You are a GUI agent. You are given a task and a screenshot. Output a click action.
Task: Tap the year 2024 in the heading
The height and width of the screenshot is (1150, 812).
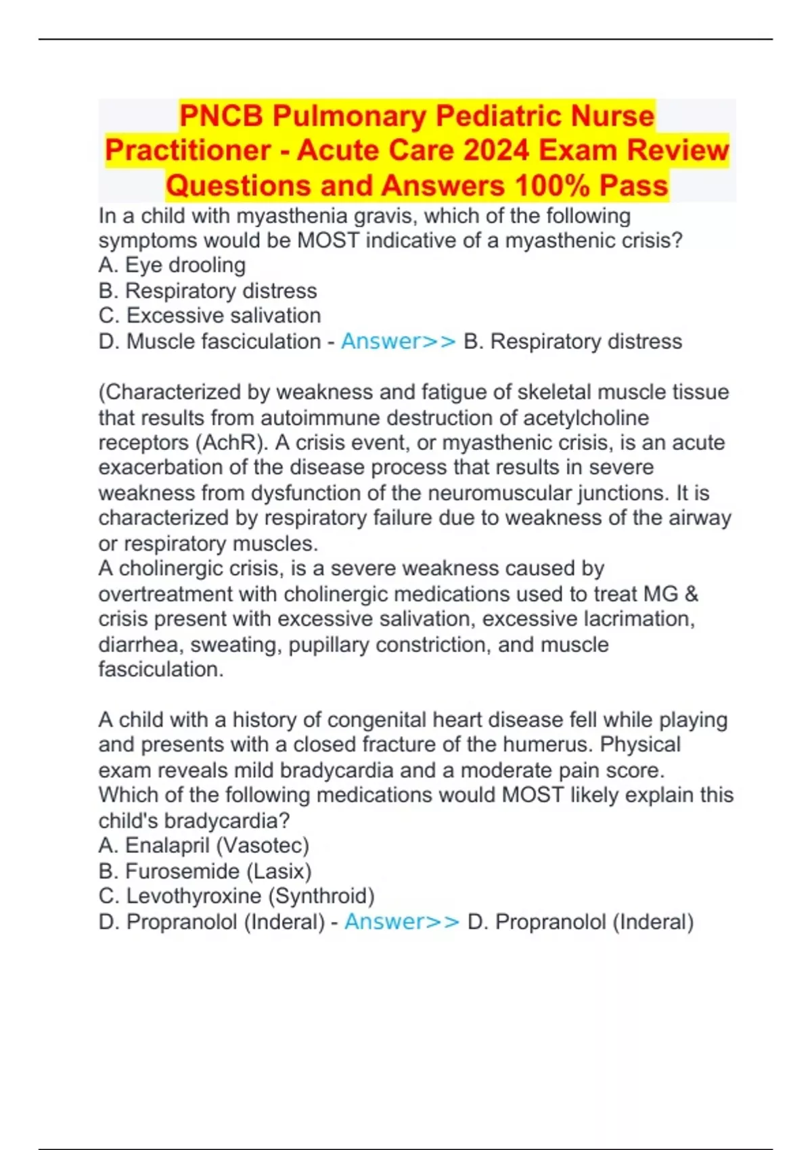click(495, 150)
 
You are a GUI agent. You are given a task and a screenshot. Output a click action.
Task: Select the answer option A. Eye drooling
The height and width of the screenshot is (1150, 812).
click(172, 265)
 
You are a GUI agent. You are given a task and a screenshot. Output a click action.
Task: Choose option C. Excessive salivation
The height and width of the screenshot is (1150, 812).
click(210, 316)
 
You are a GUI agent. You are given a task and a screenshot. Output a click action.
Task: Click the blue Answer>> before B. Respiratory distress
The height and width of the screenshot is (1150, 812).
click(399, 342)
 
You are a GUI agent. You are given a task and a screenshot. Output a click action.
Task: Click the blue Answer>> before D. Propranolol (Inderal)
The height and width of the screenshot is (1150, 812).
click(402, 922)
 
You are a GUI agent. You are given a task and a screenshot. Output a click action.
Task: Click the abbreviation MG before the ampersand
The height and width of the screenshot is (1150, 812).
click(660, 594)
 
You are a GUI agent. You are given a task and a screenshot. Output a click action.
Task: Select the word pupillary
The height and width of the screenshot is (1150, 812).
click(329, 645)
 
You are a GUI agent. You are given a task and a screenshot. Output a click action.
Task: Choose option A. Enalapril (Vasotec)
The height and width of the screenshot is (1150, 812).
click(204, 846)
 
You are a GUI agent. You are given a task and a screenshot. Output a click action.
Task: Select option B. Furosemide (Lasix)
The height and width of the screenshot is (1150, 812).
click(205, 871)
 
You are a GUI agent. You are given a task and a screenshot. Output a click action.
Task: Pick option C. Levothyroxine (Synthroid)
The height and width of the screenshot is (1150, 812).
click(236, 896)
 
